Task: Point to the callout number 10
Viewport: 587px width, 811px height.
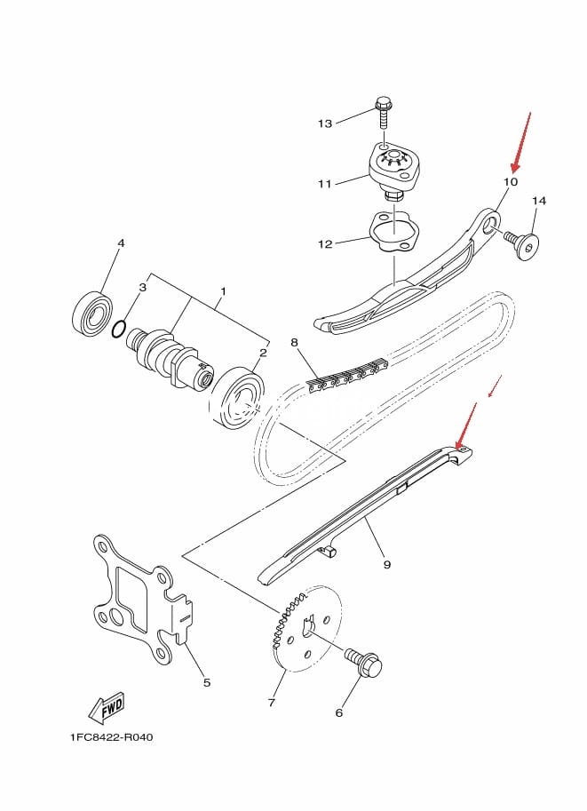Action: (x=510, y=181)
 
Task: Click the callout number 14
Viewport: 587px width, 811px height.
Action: (x=538, y=201)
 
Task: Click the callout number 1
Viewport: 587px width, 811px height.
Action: (x=223, y=291)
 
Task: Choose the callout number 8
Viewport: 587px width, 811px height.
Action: (x=294, y=342)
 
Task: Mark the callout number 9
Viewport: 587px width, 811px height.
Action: (x=387, y=563)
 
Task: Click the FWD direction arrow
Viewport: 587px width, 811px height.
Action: (x=106, y=708)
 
